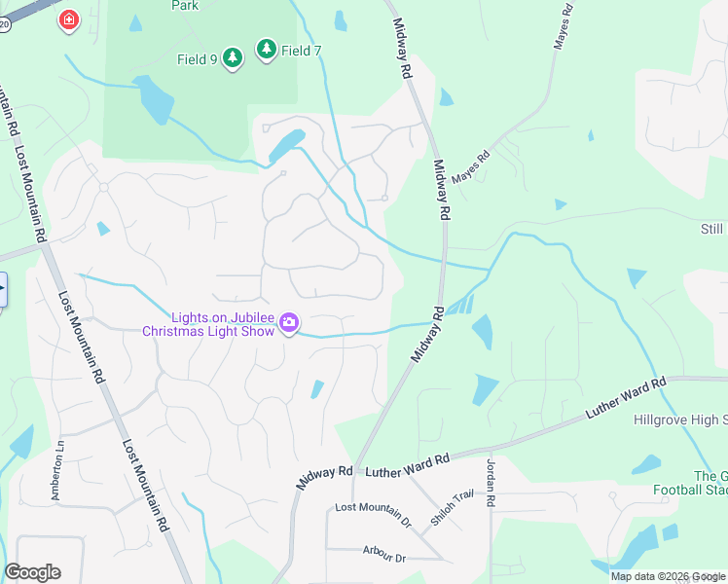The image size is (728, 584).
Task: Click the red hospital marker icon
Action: (68, 19)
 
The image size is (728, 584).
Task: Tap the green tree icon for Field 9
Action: (232, 59)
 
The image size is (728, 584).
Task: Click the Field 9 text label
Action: (198, 60)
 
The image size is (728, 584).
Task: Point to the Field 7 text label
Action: (302, 51)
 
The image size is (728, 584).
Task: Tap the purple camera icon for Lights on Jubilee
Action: (289, 322)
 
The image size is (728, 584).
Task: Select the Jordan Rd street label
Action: (491, 482)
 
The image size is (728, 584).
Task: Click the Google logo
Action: (32, 572)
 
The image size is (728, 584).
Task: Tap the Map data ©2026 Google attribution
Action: (667, 576)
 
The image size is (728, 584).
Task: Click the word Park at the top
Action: (184, 6)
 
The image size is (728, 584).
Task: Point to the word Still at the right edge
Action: (712, 230)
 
